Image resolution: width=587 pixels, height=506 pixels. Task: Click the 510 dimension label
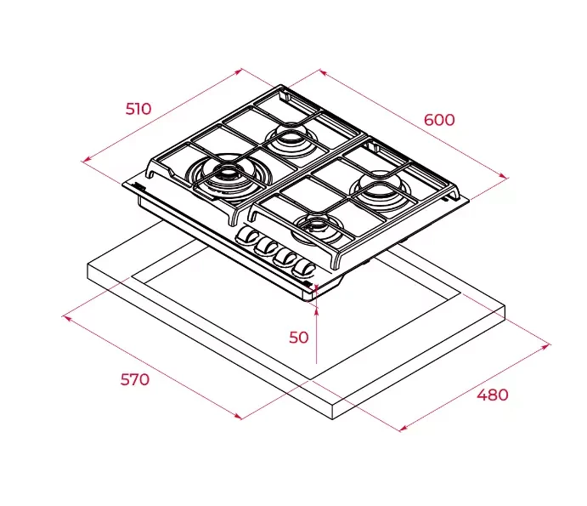pyautogui.click(x=138, y=109)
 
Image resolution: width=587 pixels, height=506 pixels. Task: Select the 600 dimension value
pyautogui.click(x=439, y=120)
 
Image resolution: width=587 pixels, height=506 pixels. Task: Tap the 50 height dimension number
pyautogui.click(x=299, y=338)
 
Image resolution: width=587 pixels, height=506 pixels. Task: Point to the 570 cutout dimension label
pyautogui.click(x=135, y=379)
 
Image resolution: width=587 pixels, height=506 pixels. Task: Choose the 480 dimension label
pyautogui.click(x=493, y=395)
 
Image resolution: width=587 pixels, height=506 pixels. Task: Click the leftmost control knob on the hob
pyautogui.click(x=247, y=236)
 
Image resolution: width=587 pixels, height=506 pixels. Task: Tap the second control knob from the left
pyautogui.click(x=267, y=247)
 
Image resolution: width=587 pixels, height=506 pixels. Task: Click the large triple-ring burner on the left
pyautogui.click(x=228, y=174)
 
